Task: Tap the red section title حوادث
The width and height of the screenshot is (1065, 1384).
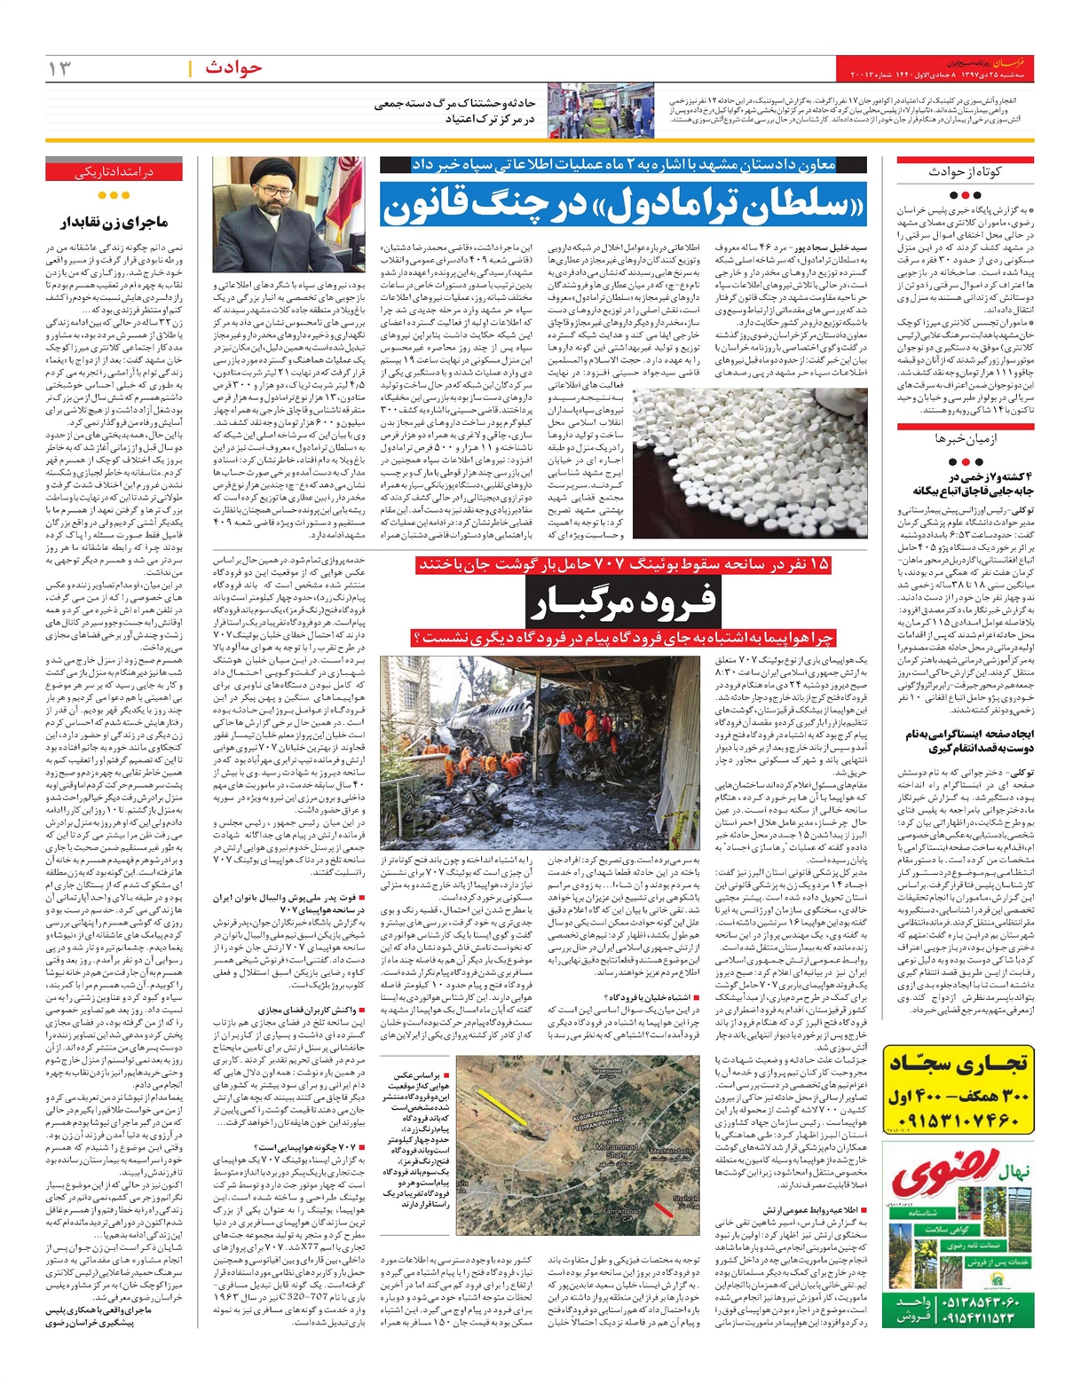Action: [x=233, y=67]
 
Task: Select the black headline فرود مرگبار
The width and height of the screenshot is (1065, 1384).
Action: [x=621, y=604]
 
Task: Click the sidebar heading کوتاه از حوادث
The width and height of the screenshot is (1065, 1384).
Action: [x=964, y=172]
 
